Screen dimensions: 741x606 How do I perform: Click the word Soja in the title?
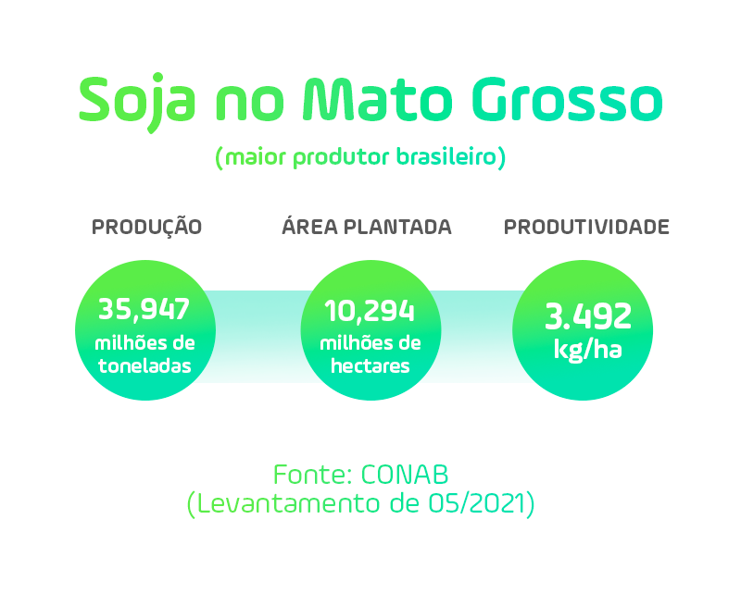pos(137,103)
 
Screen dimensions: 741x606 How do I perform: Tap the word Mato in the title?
pos(377,99)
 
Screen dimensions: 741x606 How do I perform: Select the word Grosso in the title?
pos(567,100)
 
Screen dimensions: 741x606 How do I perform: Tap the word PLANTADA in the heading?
pos(397,227)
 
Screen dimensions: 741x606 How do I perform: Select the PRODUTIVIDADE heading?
pos(586,227)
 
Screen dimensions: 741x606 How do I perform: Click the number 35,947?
pos(144,310)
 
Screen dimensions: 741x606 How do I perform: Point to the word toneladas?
pos(144,365)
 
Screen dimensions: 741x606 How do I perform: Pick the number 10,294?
pos(370,312)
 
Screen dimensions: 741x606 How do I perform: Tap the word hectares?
pos(370,365)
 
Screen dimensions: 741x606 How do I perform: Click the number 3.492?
pos(588,316)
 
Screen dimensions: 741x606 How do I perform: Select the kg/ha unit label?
pos(587,351)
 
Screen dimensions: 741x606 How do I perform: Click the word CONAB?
pos(405,475)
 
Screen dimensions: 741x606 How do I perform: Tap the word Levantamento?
pos(287,503)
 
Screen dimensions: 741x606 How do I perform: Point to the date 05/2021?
pos(477,503)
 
